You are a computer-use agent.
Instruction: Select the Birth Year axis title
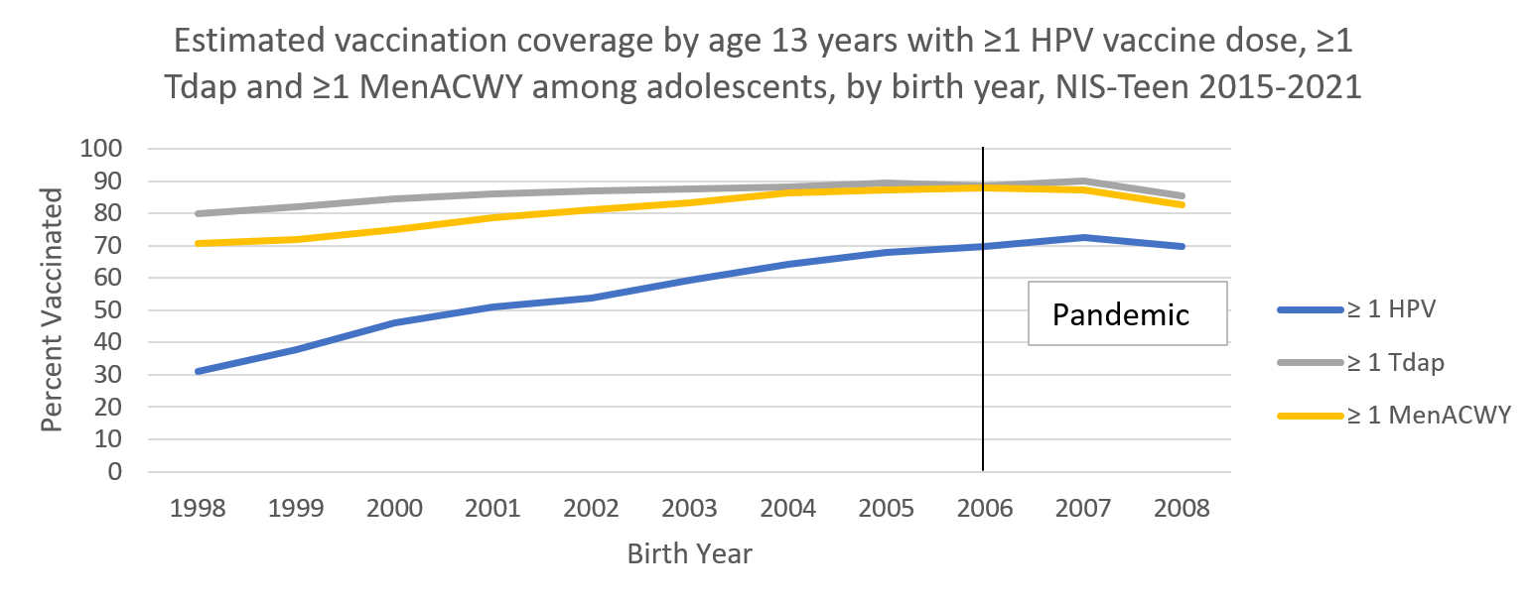689,553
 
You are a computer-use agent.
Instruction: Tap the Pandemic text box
1121,314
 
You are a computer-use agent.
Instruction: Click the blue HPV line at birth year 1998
198,371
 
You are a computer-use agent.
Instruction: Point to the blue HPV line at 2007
1084,237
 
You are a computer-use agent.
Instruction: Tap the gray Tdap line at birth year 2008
1182,195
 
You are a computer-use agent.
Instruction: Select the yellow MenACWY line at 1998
198,243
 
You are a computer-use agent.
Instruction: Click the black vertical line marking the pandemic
983,397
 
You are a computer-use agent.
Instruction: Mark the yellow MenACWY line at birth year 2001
493,217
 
